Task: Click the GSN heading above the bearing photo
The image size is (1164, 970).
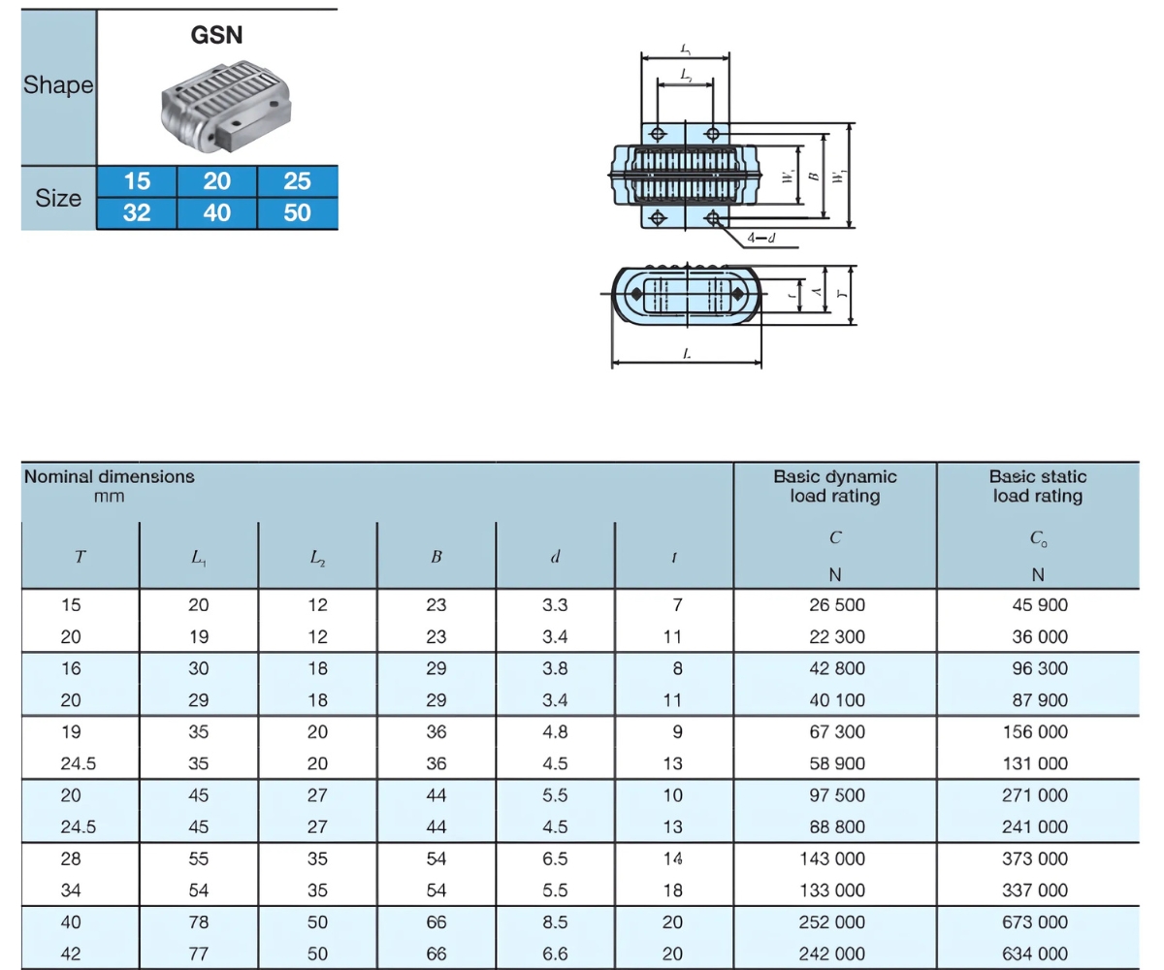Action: click(x=216, y=35)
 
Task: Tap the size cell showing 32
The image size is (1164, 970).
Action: click(x=137, y=213)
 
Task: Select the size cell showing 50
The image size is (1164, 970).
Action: click(x=297, y=213)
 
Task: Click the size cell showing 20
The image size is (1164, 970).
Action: click(x=217, y=181)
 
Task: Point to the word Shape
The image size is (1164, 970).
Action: click(x=58, y=85)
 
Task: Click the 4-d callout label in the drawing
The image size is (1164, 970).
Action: click(x=760, y=238)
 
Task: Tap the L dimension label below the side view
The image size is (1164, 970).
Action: click(x=687, y=353)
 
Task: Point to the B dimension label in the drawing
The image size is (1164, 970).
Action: click(x=814, y=177)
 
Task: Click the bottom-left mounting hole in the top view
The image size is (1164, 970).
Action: click(x=658, y=218)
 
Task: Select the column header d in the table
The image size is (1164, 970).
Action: click(x=555, y=557)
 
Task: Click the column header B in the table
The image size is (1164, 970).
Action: click(x=436, y=557)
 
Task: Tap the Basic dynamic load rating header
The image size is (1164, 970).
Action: click(x=834, y=486)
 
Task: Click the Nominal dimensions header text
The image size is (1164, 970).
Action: click(x=110, y=476)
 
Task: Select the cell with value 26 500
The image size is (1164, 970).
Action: click(x=837, y=605)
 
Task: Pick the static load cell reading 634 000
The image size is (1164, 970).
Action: click(x=1035, y=954)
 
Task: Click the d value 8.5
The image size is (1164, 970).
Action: click(x=555, y=922)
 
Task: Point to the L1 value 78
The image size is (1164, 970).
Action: click(x=199, y=922)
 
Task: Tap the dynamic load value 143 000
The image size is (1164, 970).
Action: click(x=832, y=858)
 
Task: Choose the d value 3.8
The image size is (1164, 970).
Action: click(x=555, y=668)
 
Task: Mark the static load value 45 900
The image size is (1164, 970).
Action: click(x=1040, y=605)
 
